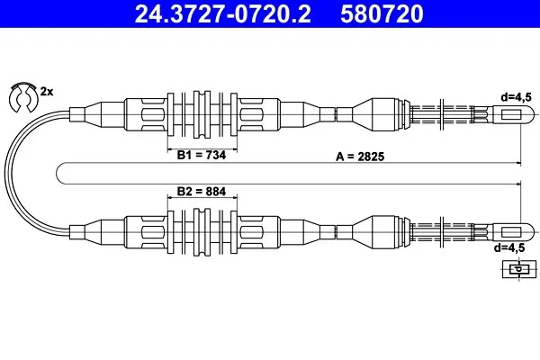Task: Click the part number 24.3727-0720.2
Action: coord(222,13)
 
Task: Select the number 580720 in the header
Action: coord(382,13)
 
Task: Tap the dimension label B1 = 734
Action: coord(202,155)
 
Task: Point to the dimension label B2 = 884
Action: coord(202,191)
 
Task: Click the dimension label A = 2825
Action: coord(360,157)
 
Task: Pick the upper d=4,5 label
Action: coord(517,97)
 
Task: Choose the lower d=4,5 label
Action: coord(509,247)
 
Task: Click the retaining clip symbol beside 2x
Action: coord(23,97)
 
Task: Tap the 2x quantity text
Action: coord(47,92)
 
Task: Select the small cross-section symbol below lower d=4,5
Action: coord(519,269)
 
